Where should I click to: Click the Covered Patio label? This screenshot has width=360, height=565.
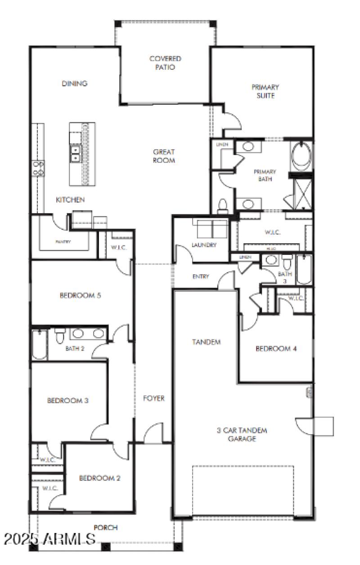coord(165,63)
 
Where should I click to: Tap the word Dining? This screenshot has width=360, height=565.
coord(74,84)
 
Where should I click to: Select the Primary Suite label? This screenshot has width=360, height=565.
coord(265,91)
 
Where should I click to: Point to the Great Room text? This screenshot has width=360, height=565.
coord(163,156)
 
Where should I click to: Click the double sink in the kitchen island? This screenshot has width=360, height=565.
coord(76,154)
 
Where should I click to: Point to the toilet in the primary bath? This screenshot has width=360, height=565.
coord(222,206)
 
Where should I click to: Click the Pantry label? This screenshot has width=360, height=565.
coord(63,242)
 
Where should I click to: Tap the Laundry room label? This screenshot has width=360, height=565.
coord(204,245)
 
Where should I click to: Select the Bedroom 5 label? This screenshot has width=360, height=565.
coord(80,295)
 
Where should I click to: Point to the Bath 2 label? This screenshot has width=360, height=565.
coord(75,348)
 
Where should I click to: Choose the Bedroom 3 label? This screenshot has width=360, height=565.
coord(67,400)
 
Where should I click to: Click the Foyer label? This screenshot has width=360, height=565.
coord(154,398)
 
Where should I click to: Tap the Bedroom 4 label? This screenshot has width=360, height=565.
coord(276,348)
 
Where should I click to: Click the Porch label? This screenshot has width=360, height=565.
coord(106,527)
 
